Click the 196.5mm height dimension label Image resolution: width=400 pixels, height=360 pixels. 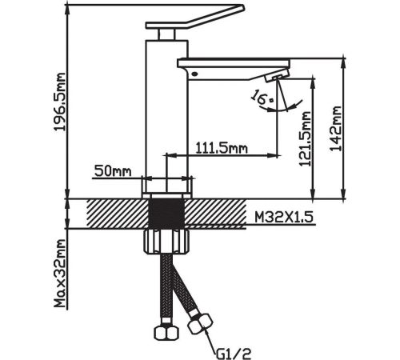coord(59,102)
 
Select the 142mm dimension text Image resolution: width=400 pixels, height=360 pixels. coord(336,129)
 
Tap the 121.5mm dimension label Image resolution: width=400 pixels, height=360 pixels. coord(305,138)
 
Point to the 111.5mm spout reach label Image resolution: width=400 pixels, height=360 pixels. coord(222,148)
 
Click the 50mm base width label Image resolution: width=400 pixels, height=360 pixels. coord(113,170)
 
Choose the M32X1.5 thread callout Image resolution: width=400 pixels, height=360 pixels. coord(284,218)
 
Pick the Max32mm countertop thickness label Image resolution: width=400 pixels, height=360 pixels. coord(59,273)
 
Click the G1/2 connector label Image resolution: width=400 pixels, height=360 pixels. coord(234,354)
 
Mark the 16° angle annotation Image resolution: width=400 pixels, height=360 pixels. coord(262,98)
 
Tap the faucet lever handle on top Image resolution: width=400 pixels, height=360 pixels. coord(195,17)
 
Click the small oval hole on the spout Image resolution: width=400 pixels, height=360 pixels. coord(194,74)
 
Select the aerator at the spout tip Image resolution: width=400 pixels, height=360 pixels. coord(278,75)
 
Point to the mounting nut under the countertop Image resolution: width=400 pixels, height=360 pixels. coord(166,242)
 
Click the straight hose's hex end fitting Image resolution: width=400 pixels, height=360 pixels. coord(166,332)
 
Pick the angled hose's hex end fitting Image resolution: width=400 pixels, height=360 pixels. coord(200,323)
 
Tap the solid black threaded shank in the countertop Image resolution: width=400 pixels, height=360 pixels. coord(166,214)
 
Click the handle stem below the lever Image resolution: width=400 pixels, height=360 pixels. coord(166,34)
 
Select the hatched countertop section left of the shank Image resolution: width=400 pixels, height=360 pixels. coord(118,214)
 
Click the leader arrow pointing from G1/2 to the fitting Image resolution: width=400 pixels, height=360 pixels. coord(210,340)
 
